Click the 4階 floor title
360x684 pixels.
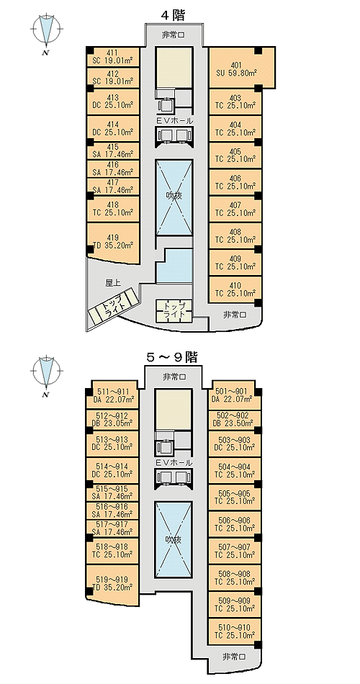click(174, 16)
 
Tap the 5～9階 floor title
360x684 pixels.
click(171, 358)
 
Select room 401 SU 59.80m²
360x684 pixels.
click(242, 68)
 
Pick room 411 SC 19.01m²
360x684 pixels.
click(113, 57)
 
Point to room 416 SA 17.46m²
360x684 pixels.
click(113, 168)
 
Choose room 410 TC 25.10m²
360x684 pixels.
click(235, 289)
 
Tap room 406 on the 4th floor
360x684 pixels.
click(235, 182)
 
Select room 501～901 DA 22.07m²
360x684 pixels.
click(235, 395)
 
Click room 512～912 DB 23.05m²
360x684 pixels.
click(113, 419)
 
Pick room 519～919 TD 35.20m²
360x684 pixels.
click(113, 585)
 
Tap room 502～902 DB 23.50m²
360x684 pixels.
click(235, 419)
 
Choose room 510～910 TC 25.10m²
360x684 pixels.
click(235, 631)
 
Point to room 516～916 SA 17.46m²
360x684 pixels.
click(113, 510)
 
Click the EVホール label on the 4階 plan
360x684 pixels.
click(174, 120)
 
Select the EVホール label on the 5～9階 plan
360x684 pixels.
click(174, 462)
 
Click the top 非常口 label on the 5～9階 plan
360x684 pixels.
click(174, 377)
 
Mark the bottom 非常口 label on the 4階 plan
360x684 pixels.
click(235, 314)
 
